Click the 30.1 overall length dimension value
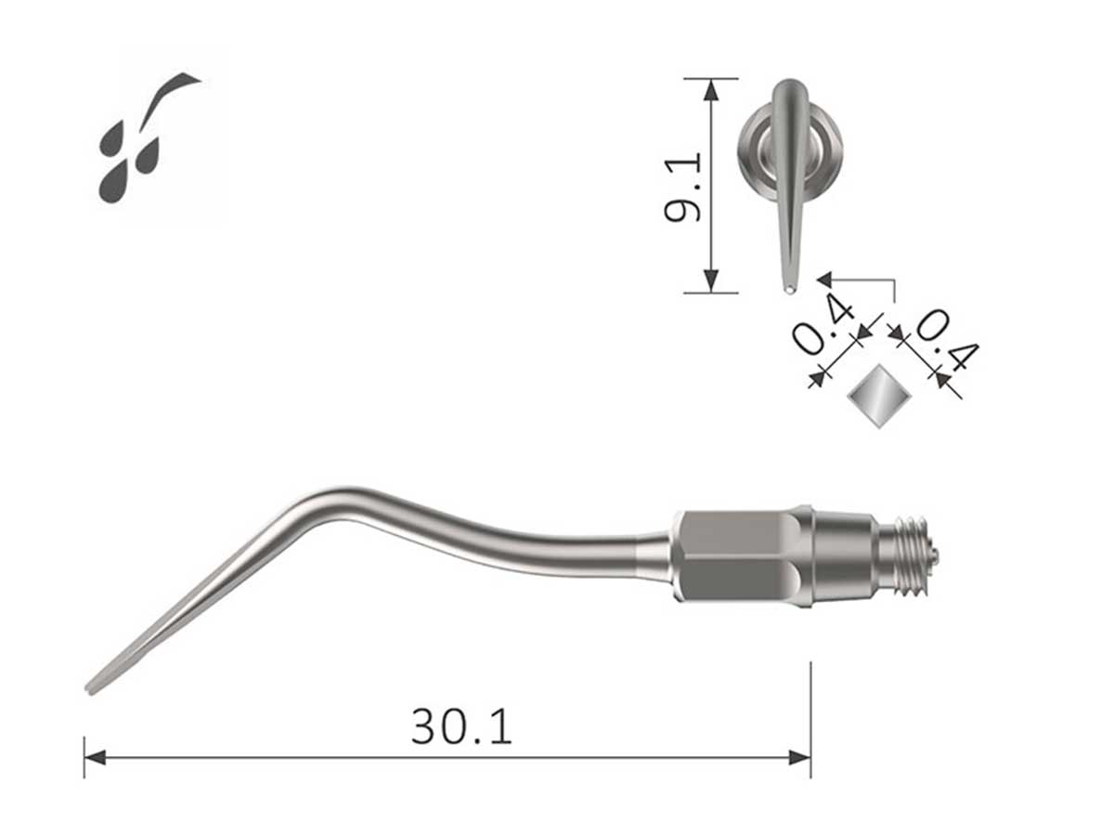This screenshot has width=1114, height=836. point(461,727)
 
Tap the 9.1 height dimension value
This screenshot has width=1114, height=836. point(682,187)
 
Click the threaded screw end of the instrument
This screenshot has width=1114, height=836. point(907,555)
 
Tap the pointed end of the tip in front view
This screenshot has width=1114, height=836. point(788,289)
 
